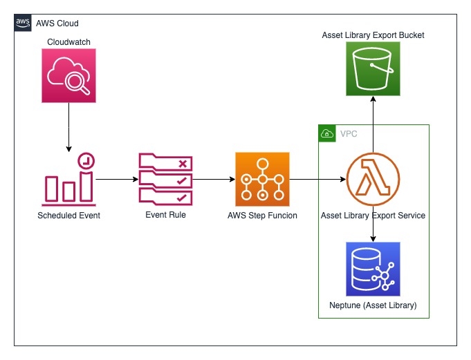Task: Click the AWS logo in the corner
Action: tap(23, 23)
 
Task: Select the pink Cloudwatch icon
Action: tap(68, 75)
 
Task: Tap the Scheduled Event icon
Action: tap(68, 180)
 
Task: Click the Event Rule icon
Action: tap(165, 180)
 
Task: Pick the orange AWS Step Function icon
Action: tap(262, 180)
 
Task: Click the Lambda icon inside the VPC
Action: tap(373, 180)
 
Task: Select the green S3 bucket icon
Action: tap(373, 68)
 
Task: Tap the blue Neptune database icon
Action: tap(373, 269)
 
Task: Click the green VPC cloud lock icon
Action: tap(327, 133)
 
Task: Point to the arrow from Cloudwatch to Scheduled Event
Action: tap(68, 127)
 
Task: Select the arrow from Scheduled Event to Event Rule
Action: tap(117, 180)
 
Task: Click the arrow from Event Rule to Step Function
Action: tap(214, 180)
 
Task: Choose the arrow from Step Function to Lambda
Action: tap(318, 180)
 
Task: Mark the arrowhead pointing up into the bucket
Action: tap(373, 99)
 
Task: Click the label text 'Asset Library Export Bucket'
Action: tap(373, 35)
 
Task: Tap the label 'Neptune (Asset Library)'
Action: tap(373, 305)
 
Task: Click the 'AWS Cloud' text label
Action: tap(57, 23)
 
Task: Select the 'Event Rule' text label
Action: tap(165, 215)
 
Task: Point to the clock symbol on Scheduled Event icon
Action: tap(86, 161)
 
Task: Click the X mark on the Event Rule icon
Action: tap(183, 164)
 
